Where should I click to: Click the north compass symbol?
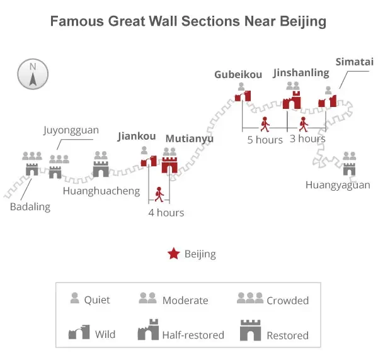coord(33,74)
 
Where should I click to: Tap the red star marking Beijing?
coord(174,254)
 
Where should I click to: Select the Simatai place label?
coord(354,62)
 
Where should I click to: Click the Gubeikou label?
coord(238,74)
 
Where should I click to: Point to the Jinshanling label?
coord(301,73)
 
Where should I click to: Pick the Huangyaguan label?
coord(338,185)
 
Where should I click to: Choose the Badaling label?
coord(30,207)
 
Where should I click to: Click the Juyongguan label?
coord(71,130)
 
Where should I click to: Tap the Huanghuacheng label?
coord(101,191)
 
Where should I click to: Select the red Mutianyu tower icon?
coord(169,165)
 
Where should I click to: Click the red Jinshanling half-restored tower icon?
coord(292,100)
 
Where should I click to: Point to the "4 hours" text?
coord(166,213)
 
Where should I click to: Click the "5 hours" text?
coord(265,140)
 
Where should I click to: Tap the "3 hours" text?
coord(307,138)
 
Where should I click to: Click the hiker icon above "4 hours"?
coord(159,194)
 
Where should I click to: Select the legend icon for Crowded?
coord(250,298)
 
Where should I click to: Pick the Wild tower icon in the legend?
coord(79,332)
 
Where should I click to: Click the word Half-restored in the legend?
coord(193,335)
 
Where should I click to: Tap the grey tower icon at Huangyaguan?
coord(349,169)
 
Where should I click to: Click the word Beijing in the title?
coord(303,21)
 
